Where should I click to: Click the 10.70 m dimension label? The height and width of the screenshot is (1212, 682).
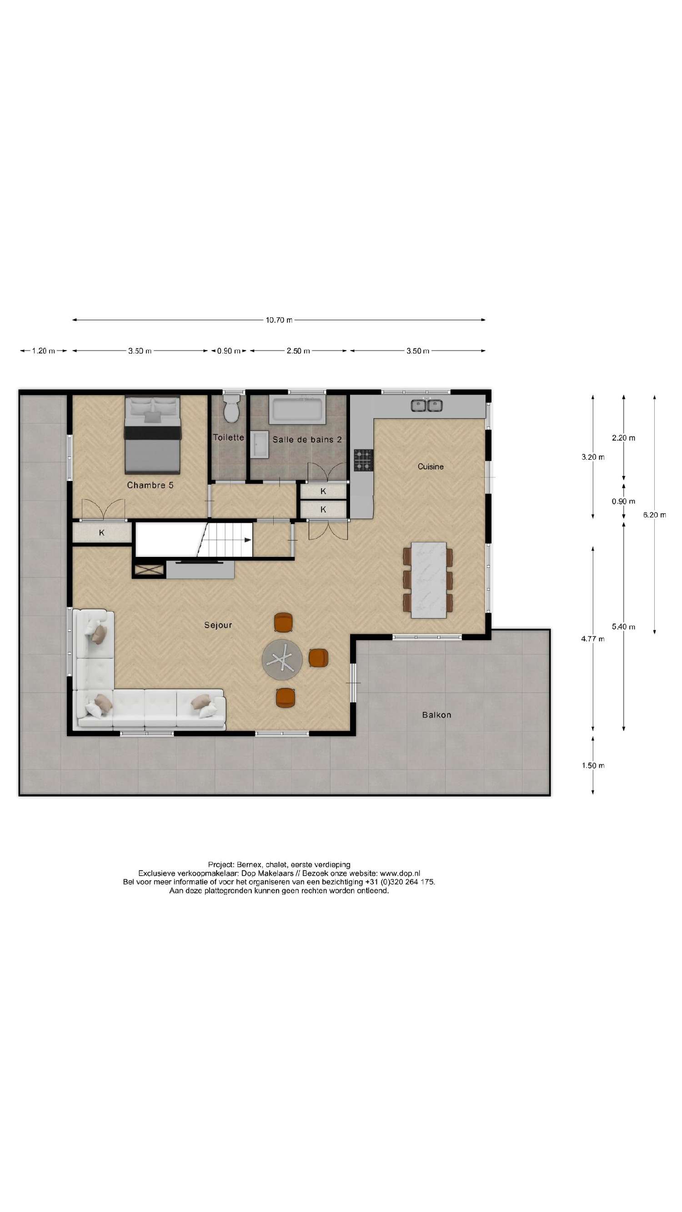click(278, 320)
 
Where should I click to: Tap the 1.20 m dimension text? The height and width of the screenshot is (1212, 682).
click(43, 351)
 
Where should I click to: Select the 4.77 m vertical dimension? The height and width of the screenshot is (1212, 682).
click(592, 638)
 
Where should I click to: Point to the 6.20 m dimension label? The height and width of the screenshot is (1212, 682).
click(654, 515)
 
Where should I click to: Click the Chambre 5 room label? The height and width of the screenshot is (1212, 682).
click(150, 485)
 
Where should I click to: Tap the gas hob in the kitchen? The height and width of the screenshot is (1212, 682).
click(363, 460)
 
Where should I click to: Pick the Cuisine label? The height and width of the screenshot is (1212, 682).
click(430, 466)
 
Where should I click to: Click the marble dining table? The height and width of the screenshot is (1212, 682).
click(428, 580)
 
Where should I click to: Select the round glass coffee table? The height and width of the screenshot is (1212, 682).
click(282, 660)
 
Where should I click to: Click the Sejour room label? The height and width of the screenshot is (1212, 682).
click(217, 625)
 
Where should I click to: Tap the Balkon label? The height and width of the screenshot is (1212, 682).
click(436, 715)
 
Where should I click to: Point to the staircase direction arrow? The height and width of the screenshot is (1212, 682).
click(248, 540)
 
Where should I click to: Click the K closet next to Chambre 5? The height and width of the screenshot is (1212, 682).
click(102, 533)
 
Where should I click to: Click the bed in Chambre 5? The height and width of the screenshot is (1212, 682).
click(152, 434)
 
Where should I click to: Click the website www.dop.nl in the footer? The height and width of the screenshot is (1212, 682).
click(400, 873)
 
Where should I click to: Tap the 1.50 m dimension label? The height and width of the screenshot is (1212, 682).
click(592, 766)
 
